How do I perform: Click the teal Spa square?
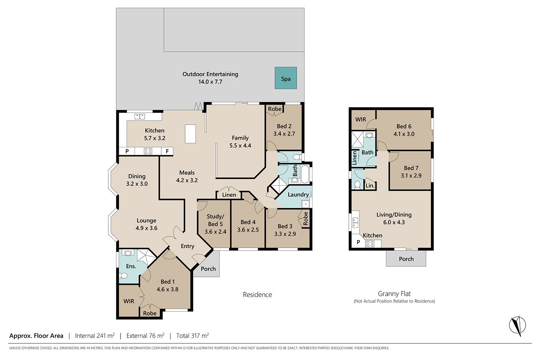tap(286, 78)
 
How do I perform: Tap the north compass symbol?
tap(517, 326)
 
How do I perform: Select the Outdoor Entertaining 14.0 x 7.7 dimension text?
tap(210, 82)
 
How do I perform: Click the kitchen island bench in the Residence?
tap(190, 134)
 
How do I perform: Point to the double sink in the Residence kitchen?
tap(140, 117)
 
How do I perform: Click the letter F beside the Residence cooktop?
tap(167, 152)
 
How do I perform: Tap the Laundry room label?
tap(298, 195)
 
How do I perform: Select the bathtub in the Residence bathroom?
tap(305, 174)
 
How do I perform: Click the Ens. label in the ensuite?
tap(131, 266)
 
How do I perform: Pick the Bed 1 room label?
tap(167, 282)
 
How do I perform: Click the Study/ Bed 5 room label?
tap(215, 220)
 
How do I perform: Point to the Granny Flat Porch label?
tap(406, 259)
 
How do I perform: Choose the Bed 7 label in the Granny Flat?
tap(411, 168)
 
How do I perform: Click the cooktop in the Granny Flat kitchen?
tap(370, 244)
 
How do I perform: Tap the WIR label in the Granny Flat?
tap(361, 120)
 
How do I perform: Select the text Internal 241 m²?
tap(95, 336)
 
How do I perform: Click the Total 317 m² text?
tap(192, 336)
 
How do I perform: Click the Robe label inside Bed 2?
tap(275, 109)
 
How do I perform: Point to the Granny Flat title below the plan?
tap(394, 294)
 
